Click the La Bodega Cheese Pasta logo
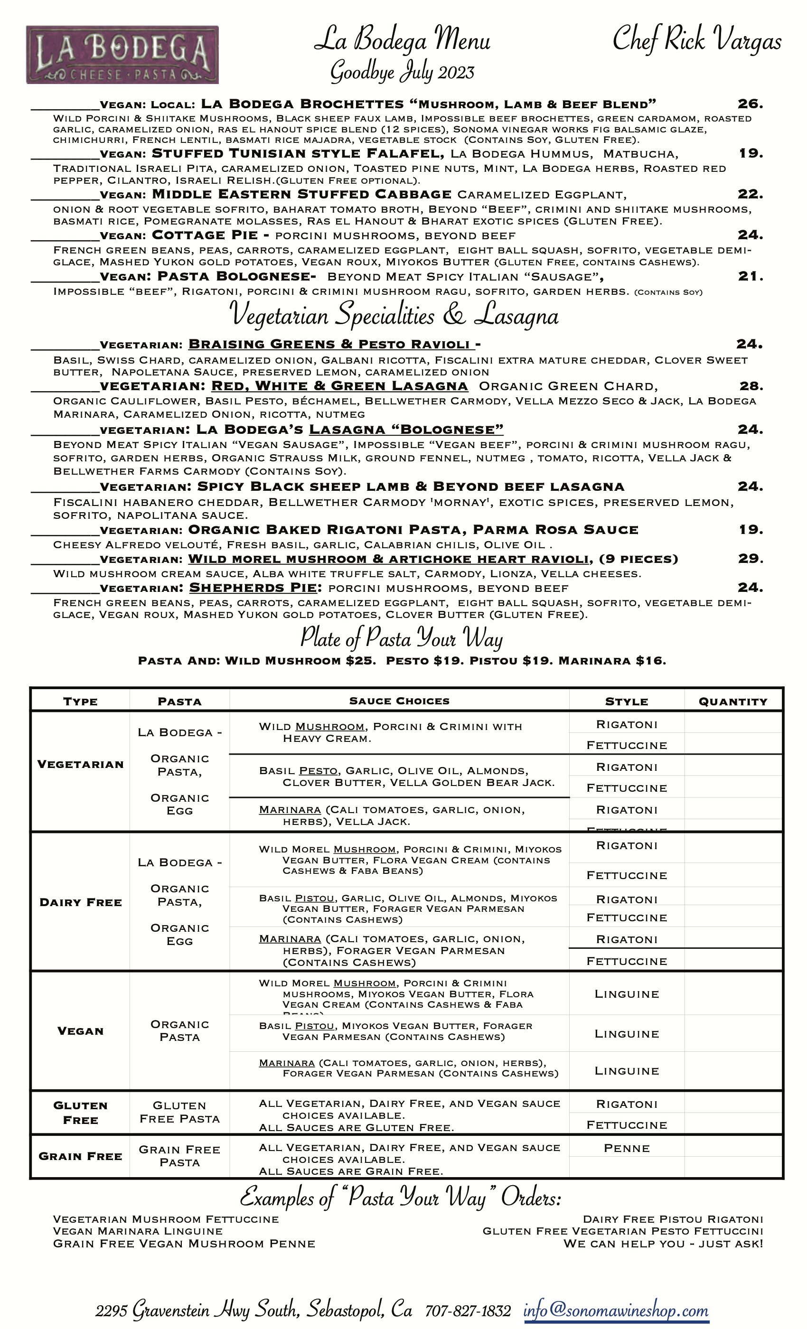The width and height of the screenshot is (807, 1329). click(122, 55)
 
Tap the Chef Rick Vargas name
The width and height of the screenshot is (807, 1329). click(696, 40)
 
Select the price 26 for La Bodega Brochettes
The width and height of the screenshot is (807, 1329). click(750, 103)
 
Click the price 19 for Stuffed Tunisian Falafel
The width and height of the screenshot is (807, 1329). click(751, 153)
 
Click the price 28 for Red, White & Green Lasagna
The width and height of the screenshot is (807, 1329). click(751, 386)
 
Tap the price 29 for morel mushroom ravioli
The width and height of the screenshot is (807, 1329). click(751, 559)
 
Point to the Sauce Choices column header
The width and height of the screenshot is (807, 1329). click(399, 701)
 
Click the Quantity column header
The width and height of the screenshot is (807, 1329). click(732, 701)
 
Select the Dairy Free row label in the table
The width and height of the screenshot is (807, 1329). click(81, 903)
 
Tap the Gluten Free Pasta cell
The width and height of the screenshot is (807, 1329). click(179, 1112)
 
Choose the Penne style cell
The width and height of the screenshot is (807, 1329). click(626, 1148)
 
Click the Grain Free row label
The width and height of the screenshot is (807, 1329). click(80, 1156)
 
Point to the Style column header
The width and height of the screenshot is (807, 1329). click(626, 701)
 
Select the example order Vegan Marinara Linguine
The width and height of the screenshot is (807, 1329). click(138, 1231)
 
